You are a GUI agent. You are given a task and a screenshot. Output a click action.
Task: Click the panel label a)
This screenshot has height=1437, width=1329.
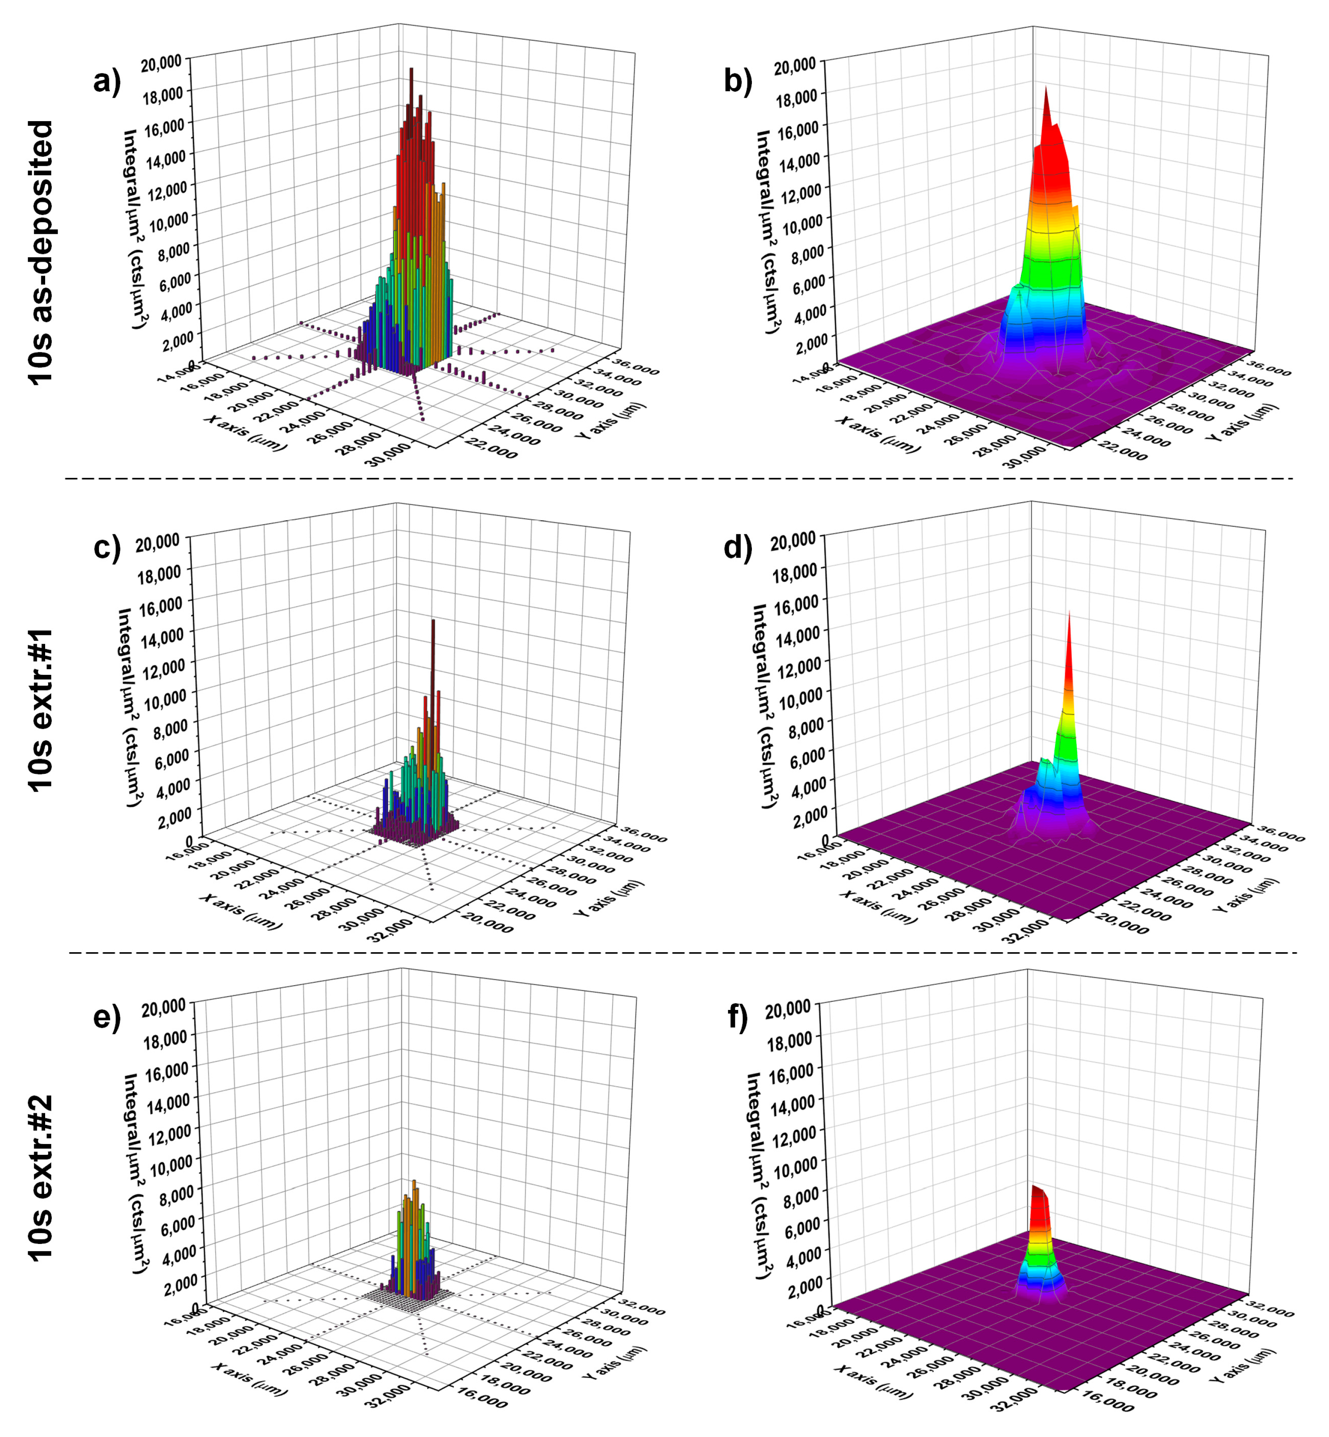[106, 81]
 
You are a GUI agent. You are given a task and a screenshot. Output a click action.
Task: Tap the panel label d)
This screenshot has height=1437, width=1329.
[737, 548]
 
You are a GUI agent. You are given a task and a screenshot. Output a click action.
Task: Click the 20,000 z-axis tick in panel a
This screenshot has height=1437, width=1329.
[161, 64]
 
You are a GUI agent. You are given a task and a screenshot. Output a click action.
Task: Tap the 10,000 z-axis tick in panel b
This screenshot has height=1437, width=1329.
[801, 224]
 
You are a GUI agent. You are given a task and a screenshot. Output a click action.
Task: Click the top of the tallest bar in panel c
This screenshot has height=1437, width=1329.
[433, 621]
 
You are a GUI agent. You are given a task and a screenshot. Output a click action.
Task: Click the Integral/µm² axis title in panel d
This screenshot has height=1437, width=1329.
[766, 705]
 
